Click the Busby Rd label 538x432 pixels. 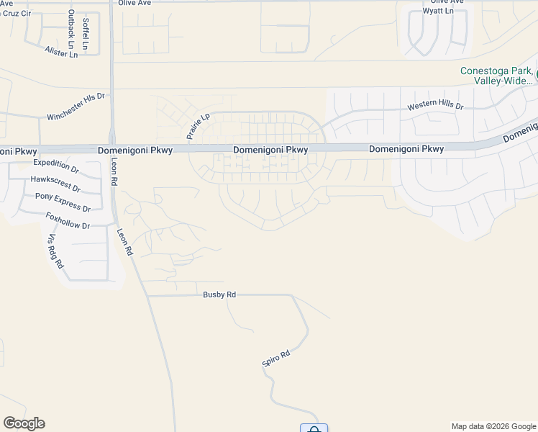coord(219,294)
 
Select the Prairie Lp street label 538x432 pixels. coord(197,125)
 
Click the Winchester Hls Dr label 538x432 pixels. coord(76,106)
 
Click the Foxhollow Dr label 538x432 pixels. coord(67,221)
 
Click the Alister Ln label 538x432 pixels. coord(60,51)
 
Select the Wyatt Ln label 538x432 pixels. coord(438,12)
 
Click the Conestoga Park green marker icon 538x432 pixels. coord(536,71)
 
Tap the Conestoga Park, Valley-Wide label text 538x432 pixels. coord(496,76)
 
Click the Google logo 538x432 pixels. coord(24,423)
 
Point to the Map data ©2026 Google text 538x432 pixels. coord(494,426)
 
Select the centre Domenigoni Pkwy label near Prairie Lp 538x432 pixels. coord(270,150)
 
